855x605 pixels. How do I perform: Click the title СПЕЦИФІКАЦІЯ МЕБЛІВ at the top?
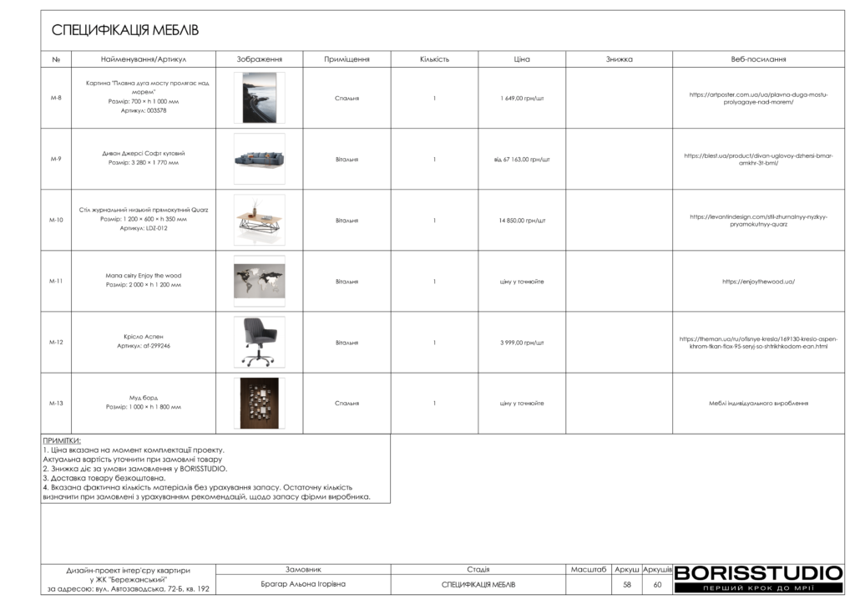[125, 31]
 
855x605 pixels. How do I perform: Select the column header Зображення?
[259, 59]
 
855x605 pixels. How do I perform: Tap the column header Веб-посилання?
[758, 59]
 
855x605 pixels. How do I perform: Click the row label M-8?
[56, 98]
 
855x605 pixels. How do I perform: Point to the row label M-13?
[56, 404]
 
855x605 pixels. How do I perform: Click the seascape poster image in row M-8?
[259, 98]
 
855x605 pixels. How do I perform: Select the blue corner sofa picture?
[259, 159]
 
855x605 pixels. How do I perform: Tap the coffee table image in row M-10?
[259, 220]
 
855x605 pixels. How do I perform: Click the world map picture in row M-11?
[259, 281]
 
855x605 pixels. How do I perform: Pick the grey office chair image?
[259, 342]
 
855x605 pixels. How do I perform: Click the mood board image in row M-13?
[259, 404]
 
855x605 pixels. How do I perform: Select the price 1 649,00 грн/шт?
[522, 98]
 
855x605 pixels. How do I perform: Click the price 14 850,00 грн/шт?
[522, 221]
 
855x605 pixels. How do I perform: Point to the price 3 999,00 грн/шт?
[522, 343]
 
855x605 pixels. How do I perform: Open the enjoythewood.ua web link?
[758, 282]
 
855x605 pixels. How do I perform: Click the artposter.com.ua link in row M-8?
[758, 99]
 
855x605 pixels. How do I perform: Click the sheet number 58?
[626, 585]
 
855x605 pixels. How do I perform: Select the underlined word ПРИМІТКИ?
[62, 440]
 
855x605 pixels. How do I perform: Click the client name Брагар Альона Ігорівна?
[303, 584]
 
